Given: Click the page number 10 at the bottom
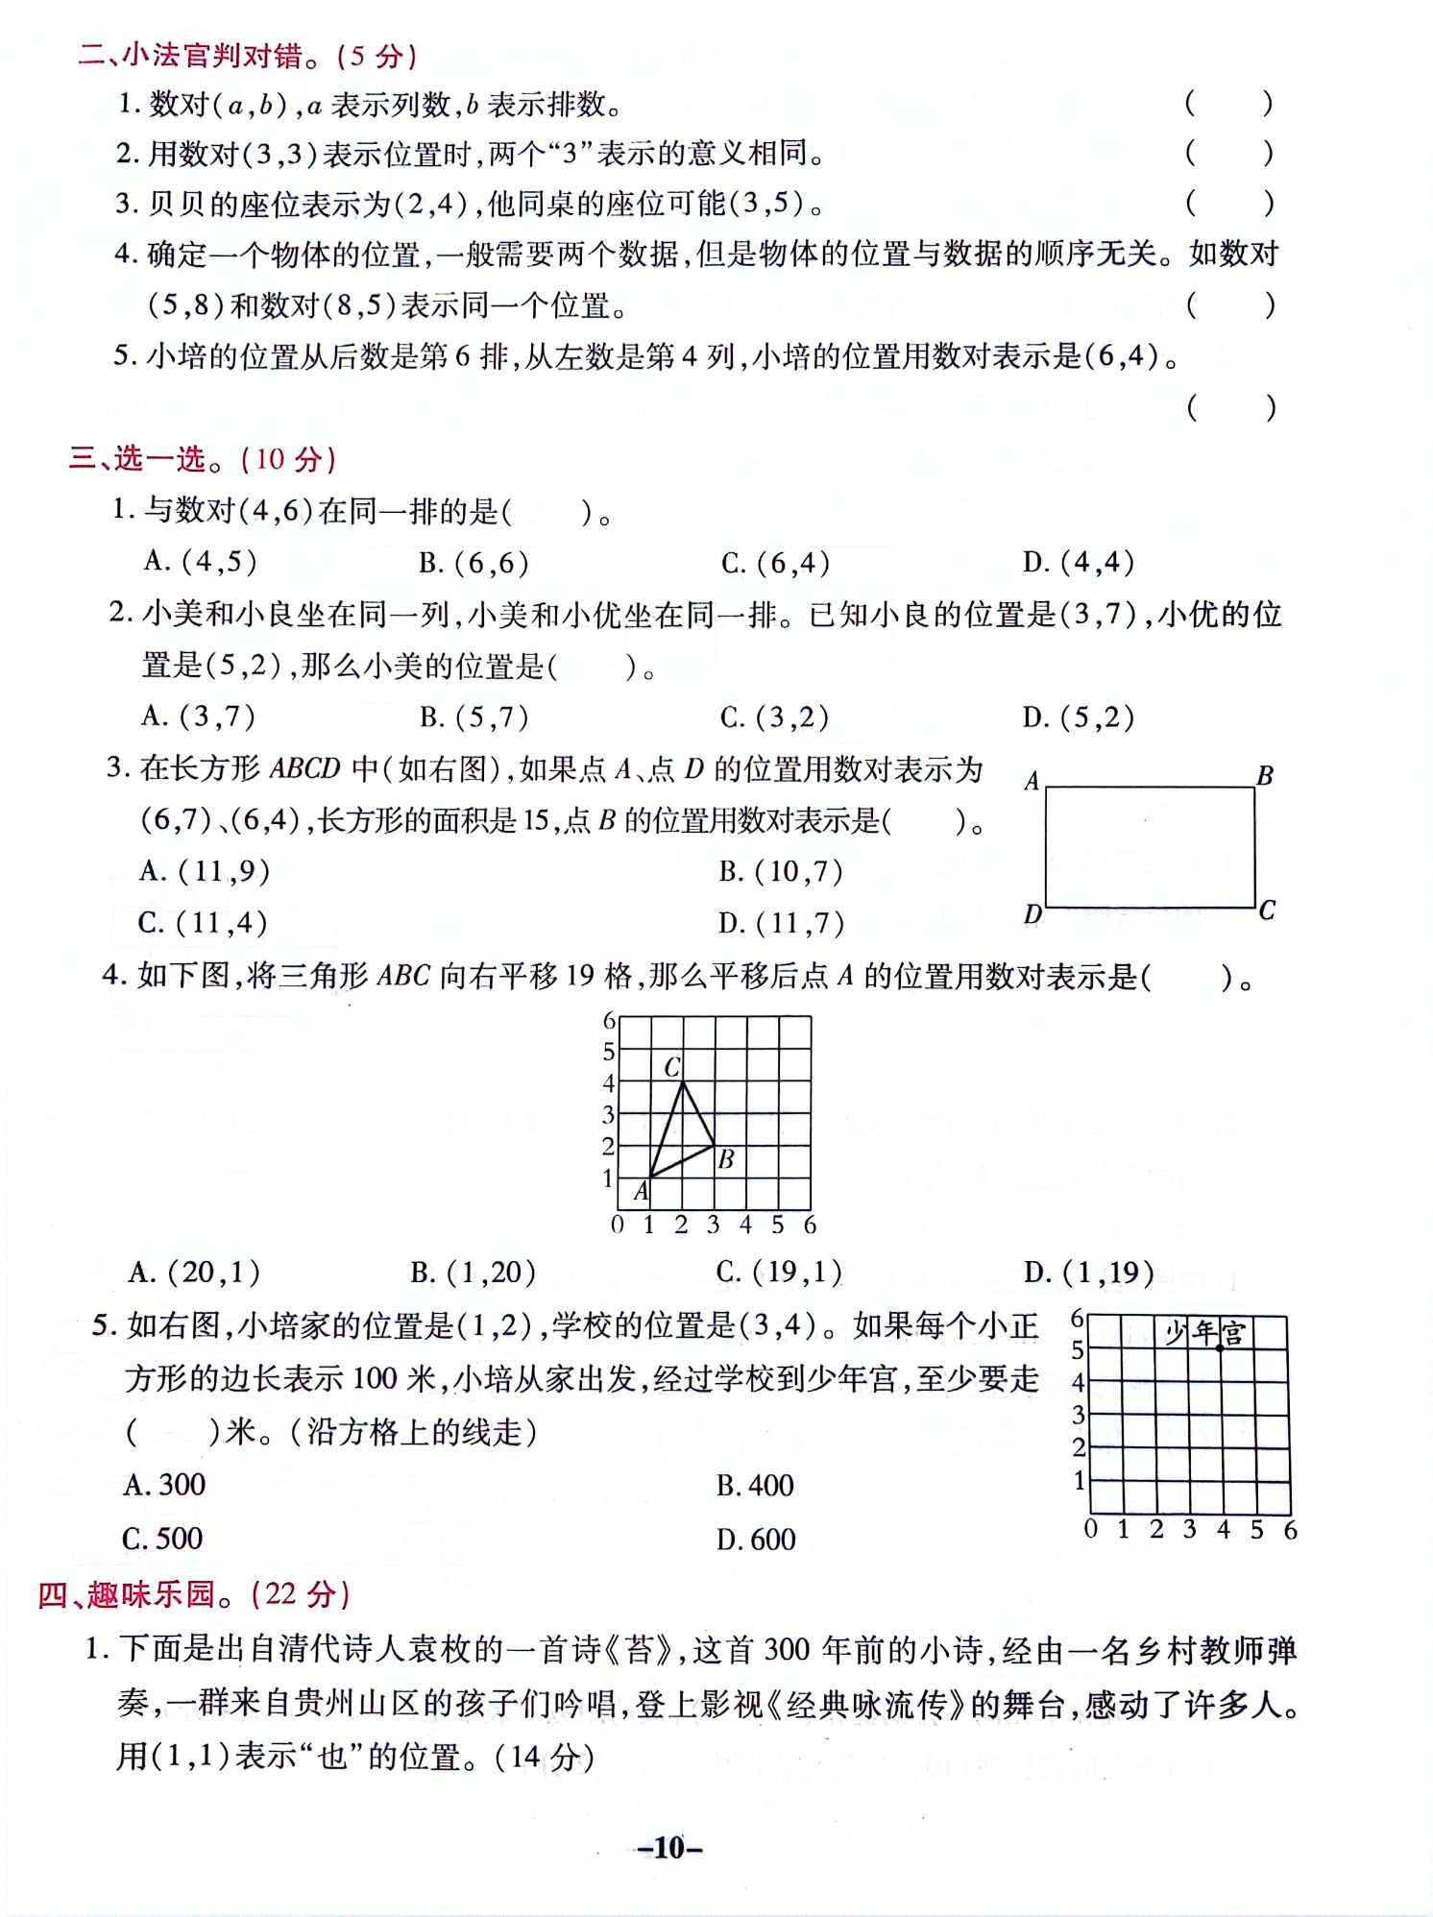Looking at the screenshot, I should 669,1847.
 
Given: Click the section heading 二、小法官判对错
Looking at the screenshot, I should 247,55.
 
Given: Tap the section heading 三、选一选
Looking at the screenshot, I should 202,458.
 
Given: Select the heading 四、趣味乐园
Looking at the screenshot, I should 193,1594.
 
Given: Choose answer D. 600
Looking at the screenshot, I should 756,1539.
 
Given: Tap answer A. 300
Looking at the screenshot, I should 164,1485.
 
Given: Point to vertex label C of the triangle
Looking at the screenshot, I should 672,1066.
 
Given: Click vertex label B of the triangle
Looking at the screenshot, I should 726,1159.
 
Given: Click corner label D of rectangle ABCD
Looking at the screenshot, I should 1032,913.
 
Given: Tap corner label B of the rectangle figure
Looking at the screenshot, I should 1265,775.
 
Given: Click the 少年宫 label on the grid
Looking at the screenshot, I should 1204,1333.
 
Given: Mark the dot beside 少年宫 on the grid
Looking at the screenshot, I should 1221,1348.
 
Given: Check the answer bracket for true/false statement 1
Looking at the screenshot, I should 1228,103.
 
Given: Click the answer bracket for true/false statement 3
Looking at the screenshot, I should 1228,203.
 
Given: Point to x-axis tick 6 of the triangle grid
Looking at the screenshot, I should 810,1225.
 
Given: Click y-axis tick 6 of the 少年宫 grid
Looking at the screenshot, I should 1078,1319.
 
